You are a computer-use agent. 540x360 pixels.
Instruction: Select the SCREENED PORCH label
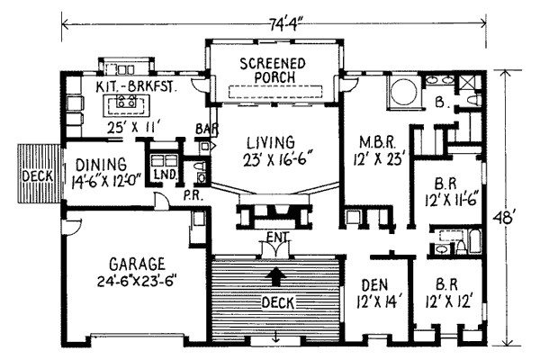(x=272, y=69)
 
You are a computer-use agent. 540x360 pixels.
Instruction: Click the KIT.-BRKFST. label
(x=134, y=86)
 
